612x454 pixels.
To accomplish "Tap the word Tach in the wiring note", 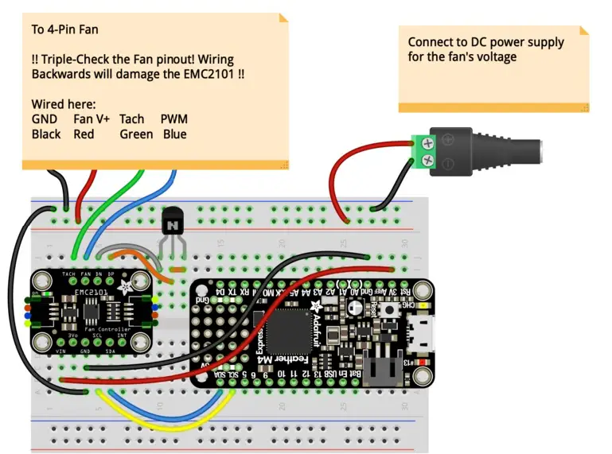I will (x=131, y=119).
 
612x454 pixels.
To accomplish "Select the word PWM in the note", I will (x=174, y=119).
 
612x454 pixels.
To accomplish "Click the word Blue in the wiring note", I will (x=174, y=134).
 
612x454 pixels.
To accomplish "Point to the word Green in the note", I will (x=136, y=134).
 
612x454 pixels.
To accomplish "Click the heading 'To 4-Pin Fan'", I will (x=65, y=30).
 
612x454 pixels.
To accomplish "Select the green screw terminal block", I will (x=428, y=153).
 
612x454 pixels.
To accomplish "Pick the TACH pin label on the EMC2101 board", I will (x=69, y=273).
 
